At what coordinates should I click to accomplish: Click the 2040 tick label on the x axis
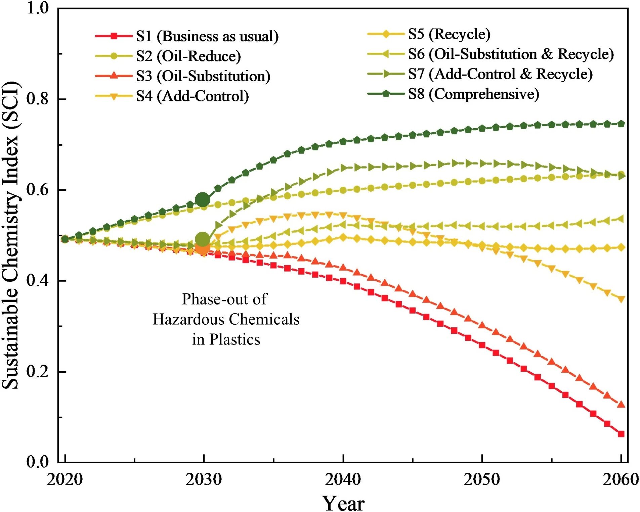pyautogui.click(x=343, y=479)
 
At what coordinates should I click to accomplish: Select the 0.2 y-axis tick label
pyautogui.click(x=38, y=371)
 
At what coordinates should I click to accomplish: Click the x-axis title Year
pyautogui.click(x=343, y=503)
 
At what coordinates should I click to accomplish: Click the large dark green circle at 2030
pyautogui.click(x=203, y=200)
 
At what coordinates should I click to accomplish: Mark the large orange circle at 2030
pyautogui.click(x=203, y=248)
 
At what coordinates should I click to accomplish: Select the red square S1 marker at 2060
pyautogui.click(x=621, y=434)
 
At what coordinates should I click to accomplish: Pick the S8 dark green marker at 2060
pyautogui.click(x=621, y=124)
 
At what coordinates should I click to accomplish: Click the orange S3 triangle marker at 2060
pyautogui.click(x=621, y=405)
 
